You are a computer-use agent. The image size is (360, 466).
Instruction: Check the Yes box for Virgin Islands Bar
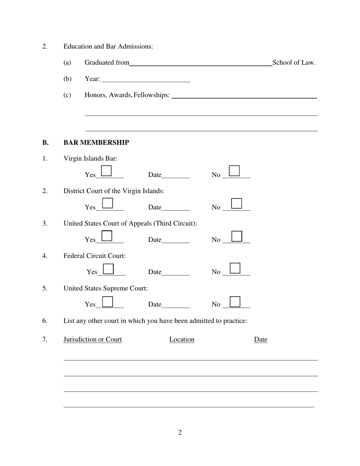tap(107, 171)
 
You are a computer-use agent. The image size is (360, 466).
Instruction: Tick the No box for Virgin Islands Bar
tap(235, 171)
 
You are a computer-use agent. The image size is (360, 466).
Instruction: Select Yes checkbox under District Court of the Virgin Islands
tap(108, 203)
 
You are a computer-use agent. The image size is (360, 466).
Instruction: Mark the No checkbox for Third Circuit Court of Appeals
tap(237, 236)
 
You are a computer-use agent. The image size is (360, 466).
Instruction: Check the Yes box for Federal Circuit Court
tap(108, 269)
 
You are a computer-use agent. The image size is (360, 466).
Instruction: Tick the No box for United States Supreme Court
tap(235, 301)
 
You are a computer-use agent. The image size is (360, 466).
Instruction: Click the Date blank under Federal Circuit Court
tap(175, 272)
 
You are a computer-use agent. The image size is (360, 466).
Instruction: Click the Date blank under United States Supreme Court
tap(175, 305)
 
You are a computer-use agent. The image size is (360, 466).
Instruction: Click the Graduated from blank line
tap(200, 63)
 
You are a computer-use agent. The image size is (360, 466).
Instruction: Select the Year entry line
tap(146, 79)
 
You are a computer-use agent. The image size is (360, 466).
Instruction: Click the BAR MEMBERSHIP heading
tap(96, 142)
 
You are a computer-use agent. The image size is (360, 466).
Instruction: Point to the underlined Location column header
tap(182, 339)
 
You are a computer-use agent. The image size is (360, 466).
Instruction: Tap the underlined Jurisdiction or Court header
tap(92, 339)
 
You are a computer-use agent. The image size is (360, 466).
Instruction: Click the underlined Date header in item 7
tap(261, 339)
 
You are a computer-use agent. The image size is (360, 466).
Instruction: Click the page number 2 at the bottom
tap(180, 433)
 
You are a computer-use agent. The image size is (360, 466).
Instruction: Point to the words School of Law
tap(294, 63)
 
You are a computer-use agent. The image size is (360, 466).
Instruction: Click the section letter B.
tap(45, 142)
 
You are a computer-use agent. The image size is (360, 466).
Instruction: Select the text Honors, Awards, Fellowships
tap(127, 95)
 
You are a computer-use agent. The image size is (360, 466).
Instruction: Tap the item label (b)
tap(67, 79)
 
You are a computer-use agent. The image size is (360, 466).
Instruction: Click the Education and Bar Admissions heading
tap(108, 46)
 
